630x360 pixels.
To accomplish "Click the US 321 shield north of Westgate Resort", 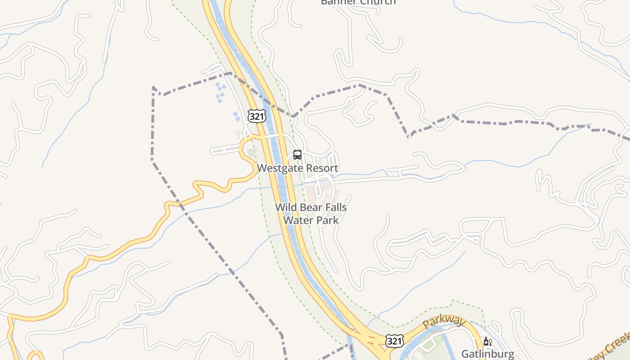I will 256,116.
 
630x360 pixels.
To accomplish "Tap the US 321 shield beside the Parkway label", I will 394,341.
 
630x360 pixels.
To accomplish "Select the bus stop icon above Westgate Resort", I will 297,155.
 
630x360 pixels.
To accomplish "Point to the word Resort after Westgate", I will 322,168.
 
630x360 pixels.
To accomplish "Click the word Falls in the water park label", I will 335,207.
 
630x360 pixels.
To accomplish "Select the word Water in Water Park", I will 297,220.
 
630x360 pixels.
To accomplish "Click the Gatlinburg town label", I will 488,354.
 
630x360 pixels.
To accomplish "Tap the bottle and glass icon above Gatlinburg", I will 487,342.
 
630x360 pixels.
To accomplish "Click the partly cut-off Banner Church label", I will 358,2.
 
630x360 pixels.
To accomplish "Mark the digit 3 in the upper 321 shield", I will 252,116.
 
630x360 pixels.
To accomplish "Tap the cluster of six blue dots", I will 220,92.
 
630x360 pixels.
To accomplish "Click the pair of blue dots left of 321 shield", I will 236,116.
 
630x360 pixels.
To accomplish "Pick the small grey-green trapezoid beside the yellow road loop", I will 252,153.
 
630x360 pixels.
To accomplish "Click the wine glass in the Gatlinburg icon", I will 490,342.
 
